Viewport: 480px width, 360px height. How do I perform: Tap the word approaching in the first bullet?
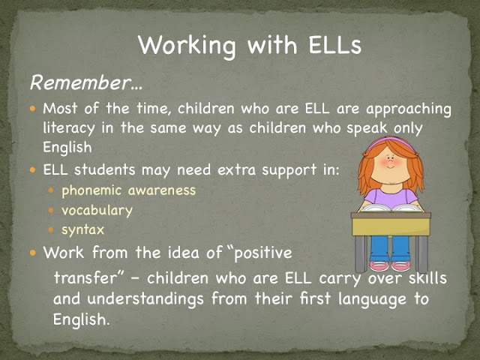(x=409, y=109)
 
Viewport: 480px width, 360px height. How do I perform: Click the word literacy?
(x=69, y=128)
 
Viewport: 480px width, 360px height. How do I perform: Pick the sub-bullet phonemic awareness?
(x=128, y=190)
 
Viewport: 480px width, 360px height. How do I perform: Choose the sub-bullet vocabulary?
(x=97, y=211)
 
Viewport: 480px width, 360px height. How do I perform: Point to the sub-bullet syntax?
(x=82, y=230)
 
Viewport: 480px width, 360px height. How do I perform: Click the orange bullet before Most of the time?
(x=33, y=108)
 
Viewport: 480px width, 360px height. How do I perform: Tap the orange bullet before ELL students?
(x=33, y=169)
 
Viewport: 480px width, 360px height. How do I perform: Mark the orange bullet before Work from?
(x=33, y=253)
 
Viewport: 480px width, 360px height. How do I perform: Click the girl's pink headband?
(x=390, y=141)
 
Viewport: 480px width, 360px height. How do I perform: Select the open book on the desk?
(x=391, y=208)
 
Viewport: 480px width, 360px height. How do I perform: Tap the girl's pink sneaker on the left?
(x=379, y=265)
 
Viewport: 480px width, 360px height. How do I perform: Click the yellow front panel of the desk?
(x=391, y=226)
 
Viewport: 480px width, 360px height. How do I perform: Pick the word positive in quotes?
(x=263, y=253)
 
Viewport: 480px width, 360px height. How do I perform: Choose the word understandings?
(x=145, y=299)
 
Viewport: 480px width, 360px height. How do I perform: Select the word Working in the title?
(x=187, y=46)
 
